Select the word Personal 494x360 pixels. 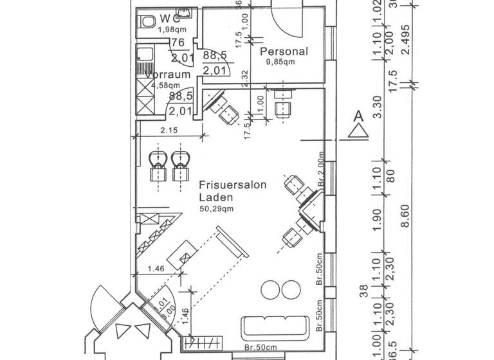click(x=284, y=51)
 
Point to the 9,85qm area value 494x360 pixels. click(x=282, y=62)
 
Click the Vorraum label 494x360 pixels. click(x=168, y=75)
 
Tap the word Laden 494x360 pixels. click(x=215, y=197)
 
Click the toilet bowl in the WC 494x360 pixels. click(x=145, y=22)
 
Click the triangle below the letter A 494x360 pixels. click(x=358, y=132)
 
